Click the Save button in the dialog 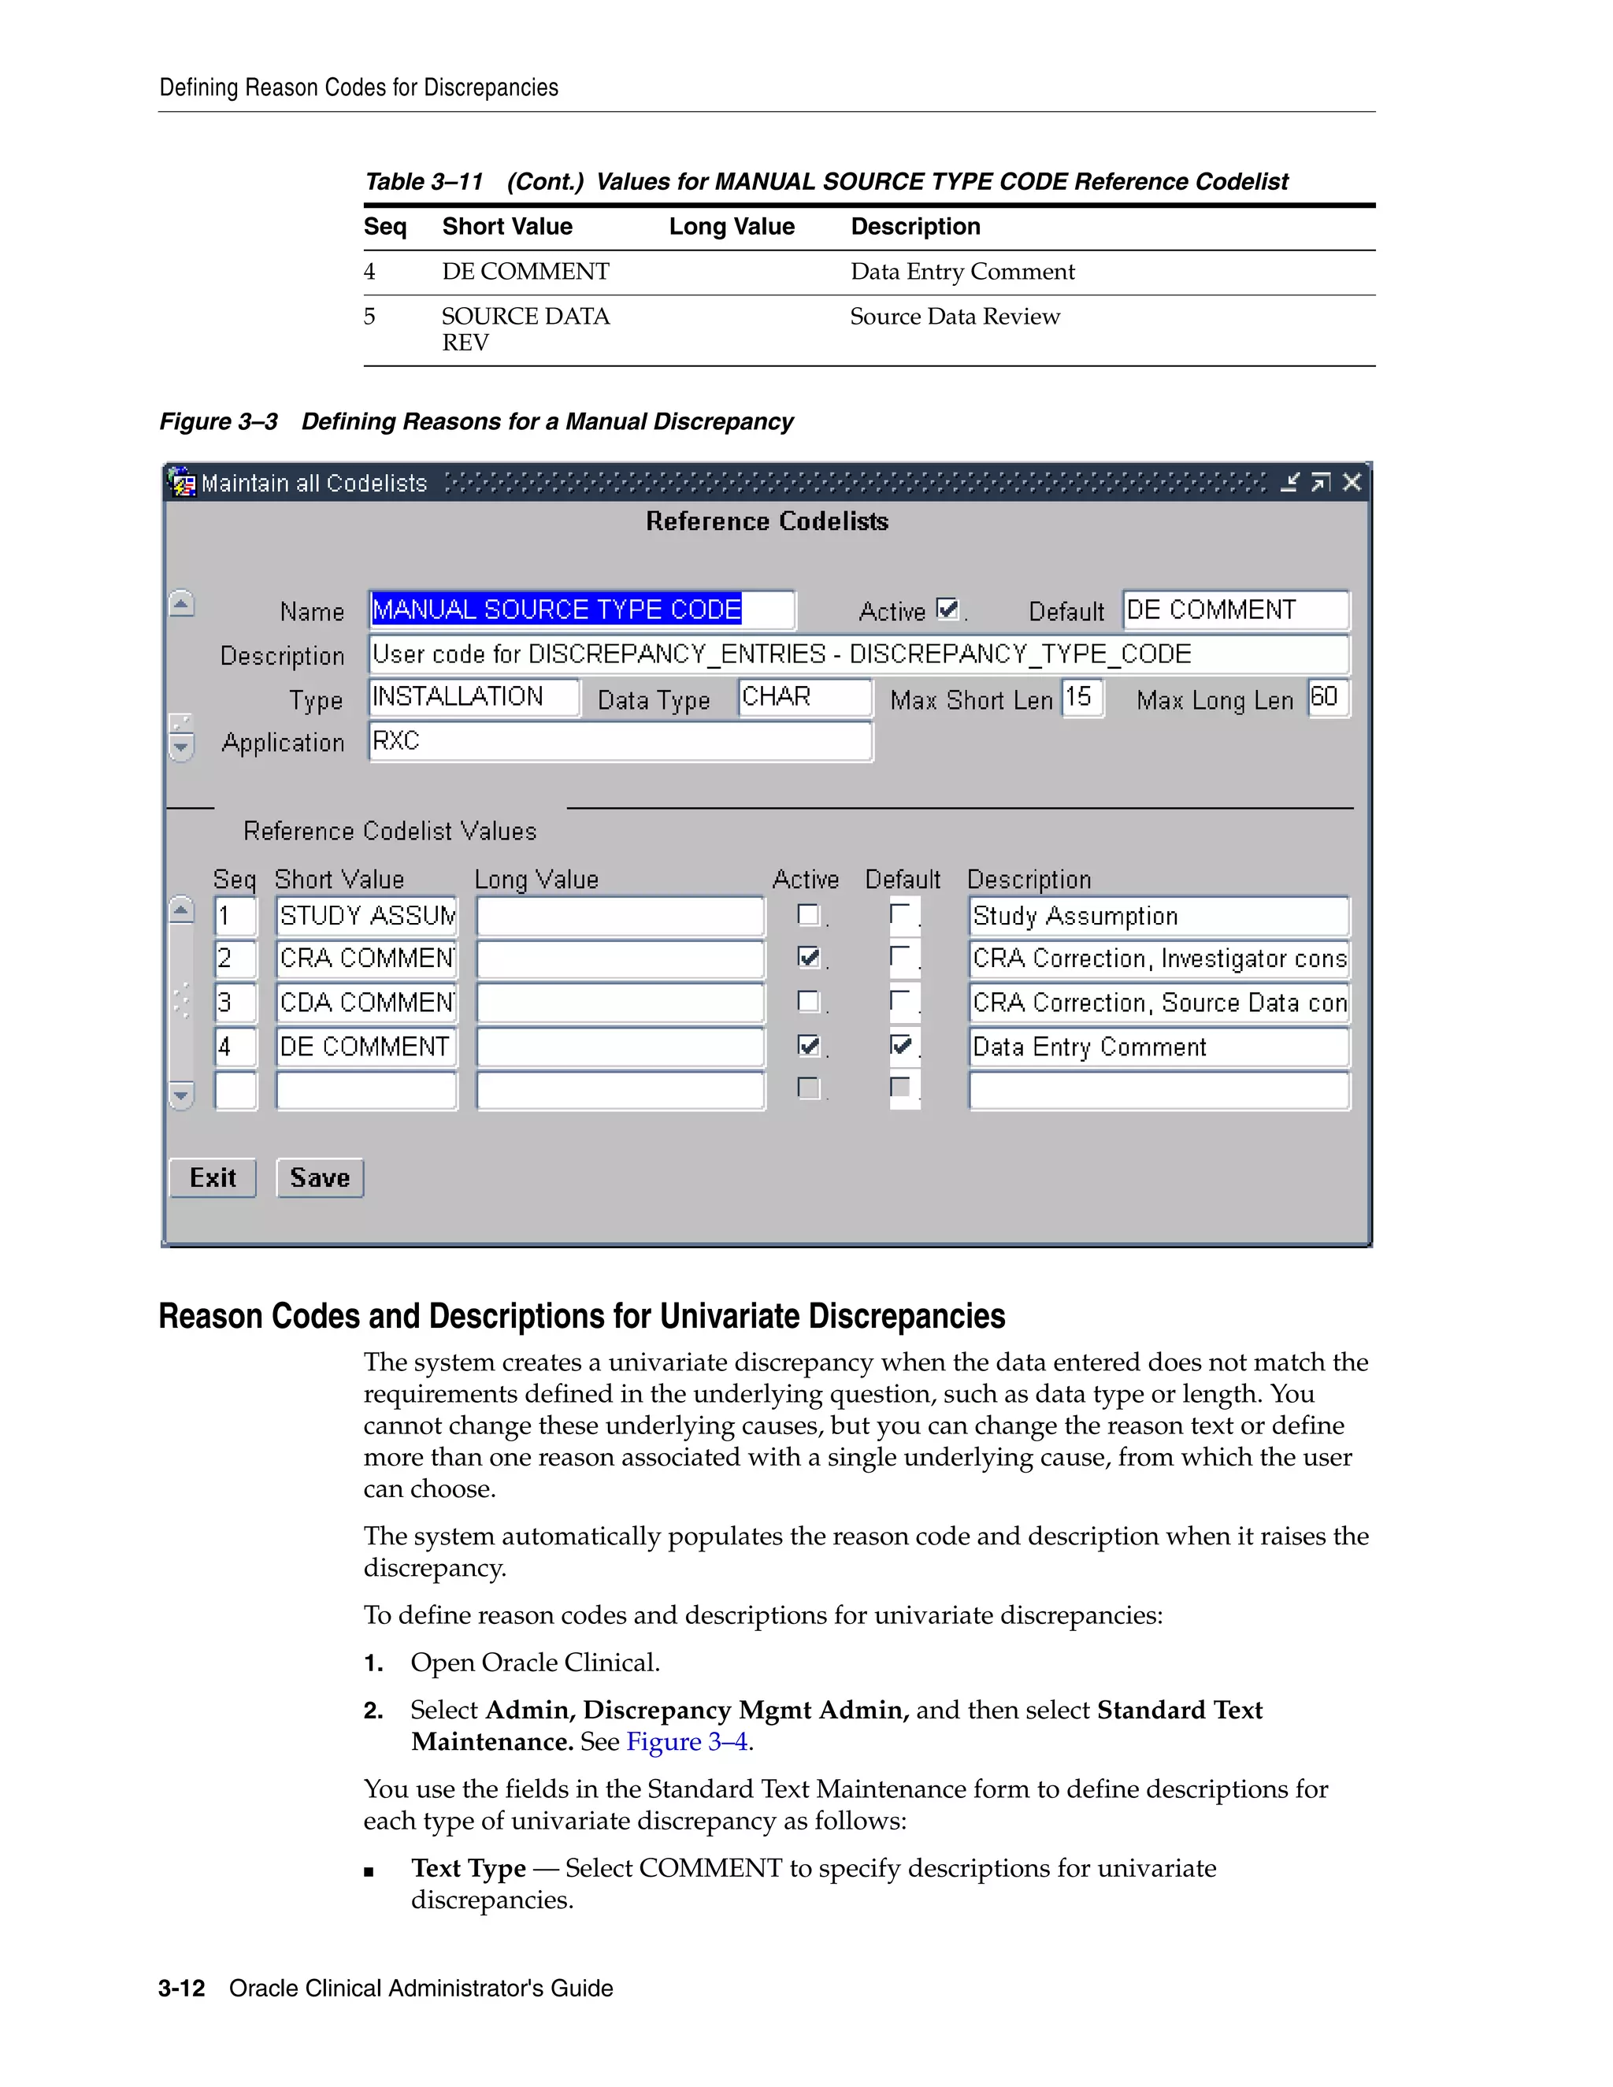point(319,1177)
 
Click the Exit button point(212,1177)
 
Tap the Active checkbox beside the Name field point(946,609)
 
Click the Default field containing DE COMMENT point(1235,610)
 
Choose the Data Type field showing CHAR point(803,697)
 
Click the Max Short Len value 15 point(1081,697)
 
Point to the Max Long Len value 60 point(1326,697)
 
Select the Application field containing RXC point(619,742)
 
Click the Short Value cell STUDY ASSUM point(366,915)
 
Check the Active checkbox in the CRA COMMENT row point(808,958)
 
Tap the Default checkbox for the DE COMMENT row point(900,1044)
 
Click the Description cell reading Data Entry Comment point(1157,1047)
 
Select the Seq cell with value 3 point(234,1003)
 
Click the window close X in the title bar point(1352,483)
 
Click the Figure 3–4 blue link point(686,1741)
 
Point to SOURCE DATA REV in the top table point(525,328)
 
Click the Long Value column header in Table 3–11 point(731,227)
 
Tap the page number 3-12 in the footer point(182,1988)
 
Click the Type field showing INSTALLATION point(473,697)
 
